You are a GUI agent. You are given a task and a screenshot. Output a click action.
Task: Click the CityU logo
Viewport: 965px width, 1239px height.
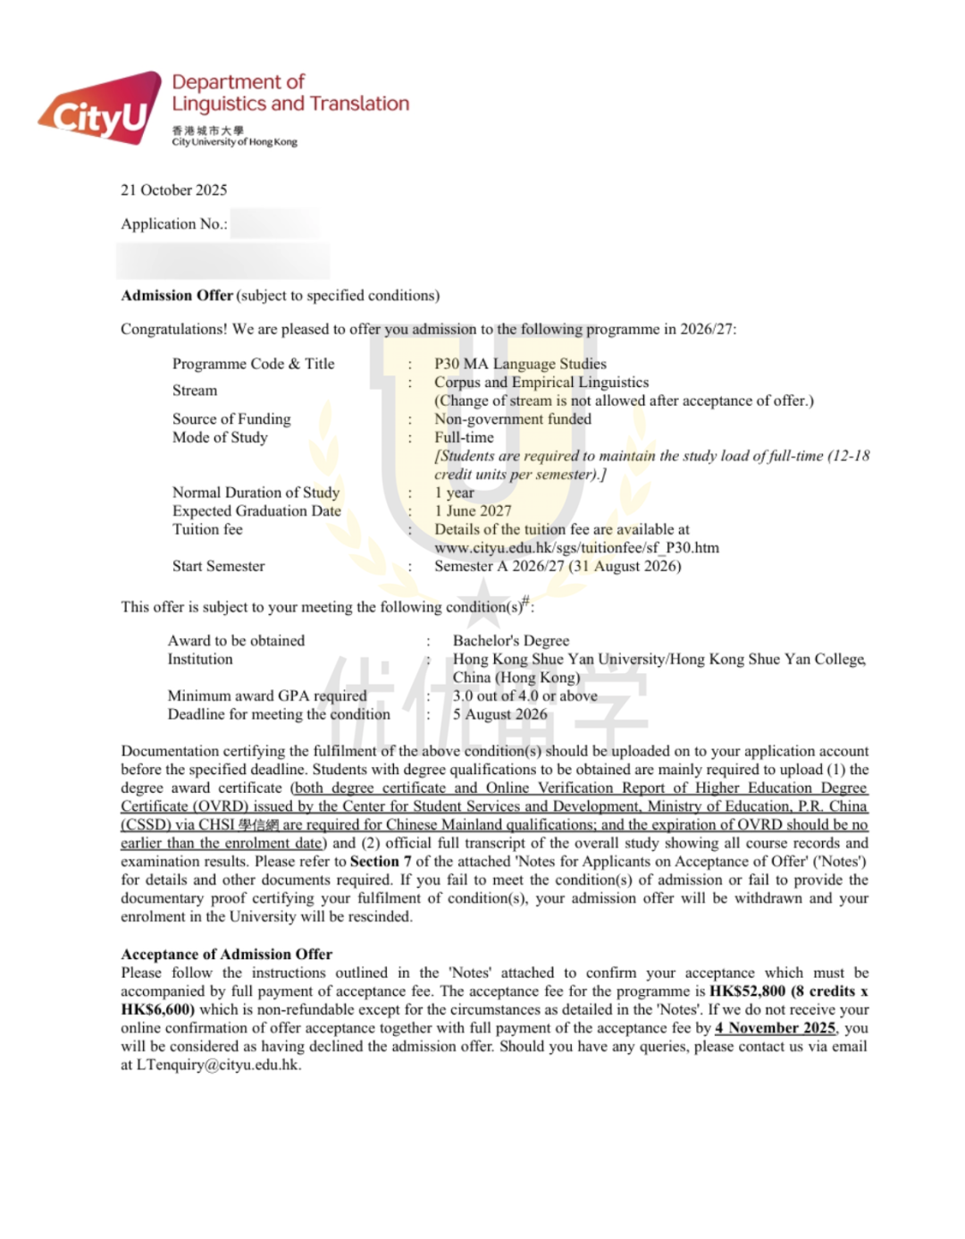click(98, 109)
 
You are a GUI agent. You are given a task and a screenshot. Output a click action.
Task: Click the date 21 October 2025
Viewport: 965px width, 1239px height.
click(174, 190)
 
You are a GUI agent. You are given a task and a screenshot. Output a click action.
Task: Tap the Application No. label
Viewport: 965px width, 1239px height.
click(173, 223)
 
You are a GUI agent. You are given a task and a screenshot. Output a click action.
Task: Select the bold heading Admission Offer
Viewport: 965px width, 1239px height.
click(177, 295)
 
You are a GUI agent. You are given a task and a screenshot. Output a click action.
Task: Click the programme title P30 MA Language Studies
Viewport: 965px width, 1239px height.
click(520, 364)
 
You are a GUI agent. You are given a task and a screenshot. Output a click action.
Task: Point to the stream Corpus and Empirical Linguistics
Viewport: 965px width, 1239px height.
click(541, 382)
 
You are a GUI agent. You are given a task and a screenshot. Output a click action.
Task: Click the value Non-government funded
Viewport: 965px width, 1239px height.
click(513, 418)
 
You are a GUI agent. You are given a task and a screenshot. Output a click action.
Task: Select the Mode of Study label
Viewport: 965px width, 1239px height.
click(220, 437)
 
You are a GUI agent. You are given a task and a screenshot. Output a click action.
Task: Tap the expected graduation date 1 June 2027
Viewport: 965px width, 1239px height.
click(473, 510)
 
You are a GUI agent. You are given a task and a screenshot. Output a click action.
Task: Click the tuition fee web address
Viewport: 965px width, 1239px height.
click(576, 547)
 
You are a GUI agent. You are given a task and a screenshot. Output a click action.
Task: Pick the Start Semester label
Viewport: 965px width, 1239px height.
click(218, 566)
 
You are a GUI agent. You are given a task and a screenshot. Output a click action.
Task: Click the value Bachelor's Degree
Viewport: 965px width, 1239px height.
click(510, 640)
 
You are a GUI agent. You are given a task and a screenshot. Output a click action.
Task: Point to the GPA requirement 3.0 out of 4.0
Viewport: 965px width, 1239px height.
click(524, 695)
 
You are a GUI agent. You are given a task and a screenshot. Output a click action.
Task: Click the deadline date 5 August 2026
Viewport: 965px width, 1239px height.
click(499, 714)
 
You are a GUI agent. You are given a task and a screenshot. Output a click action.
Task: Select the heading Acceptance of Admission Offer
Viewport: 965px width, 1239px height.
click(226, 954)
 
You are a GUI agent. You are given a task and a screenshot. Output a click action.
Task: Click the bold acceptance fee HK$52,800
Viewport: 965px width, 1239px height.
click(747, 991)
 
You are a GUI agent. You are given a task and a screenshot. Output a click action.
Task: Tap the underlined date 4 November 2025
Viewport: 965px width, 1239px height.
click(775, 1028)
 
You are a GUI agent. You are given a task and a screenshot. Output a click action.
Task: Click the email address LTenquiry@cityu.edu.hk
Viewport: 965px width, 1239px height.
click(217, 1065)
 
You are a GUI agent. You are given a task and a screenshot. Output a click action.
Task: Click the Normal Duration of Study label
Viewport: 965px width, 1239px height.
click(256, 493)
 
